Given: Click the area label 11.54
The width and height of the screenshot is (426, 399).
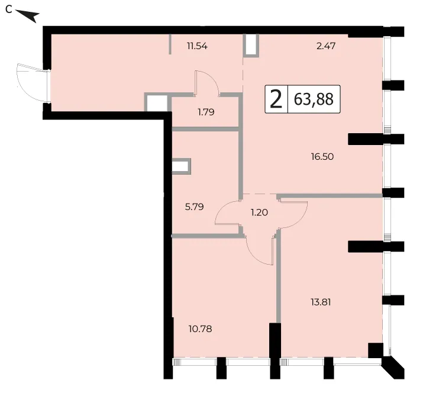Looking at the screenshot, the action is click(x=197, y=46).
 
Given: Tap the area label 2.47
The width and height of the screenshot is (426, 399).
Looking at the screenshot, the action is click(x=326, y=46).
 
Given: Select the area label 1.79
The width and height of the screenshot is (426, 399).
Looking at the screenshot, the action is click(x=206, y=112).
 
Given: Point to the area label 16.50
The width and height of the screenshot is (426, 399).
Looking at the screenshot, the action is click(x=322, y=156).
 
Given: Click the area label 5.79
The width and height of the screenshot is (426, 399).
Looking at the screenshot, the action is click(x=194, y=207).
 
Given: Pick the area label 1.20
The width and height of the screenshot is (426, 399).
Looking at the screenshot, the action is click(x=259, y=212).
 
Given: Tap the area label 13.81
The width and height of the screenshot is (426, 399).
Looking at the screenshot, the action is click(x=321, y=302).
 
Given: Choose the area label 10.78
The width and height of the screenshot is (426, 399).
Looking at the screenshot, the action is click(x=200, y=329).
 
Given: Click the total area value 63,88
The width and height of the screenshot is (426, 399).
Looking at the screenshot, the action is click(x=314, y=99).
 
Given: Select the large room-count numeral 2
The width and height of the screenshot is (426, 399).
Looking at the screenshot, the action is click(x=276, y=99).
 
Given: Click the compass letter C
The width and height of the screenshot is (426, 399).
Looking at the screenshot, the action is click(x=9, y=9).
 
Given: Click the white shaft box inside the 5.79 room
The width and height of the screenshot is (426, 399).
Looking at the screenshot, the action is click(x=180, y=166).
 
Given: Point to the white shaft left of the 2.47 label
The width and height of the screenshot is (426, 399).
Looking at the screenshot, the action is click(x=250, y=45).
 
